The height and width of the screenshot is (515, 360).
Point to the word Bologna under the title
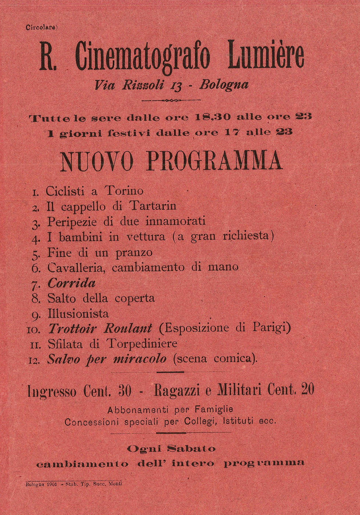pyautogui.click(x=224, y=84)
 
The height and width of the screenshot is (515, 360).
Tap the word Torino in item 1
pyautogui.click(x=124, y=191)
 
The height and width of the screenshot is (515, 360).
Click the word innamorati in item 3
pyautogui.click(x=175, y=221)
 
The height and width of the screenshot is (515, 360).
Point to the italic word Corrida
pyautogui.click(x=71, y=283)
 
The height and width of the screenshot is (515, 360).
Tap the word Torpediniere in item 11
pyautogui.click(x=142, y=344)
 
